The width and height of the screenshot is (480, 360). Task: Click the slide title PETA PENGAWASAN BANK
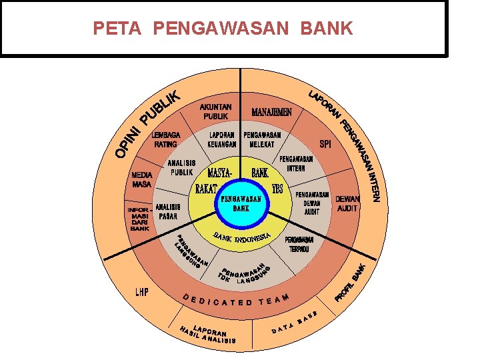coord(223,29)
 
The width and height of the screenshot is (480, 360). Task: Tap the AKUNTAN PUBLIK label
coord(215,111)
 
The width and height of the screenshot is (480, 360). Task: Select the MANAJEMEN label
coord(271,111)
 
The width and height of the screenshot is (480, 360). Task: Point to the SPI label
coord(325,143)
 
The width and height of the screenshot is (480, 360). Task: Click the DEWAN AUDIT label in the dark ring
coord(347,203)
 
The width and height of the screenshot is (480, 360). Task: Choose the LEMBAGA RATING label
coord(165,139)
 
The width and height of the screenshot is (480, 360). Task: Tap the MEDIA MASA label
coord(141,179)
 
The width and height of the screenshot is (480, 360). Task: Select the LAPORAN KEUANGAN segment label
coord(222,139)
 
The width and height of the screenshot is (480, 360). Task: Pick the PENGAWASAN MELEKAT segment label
coord(262,139)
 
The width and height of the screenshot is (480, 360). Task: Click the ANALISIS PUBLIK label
coord(181,167)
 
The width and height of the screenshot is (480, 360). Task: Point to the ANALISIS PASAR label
coord(168,211)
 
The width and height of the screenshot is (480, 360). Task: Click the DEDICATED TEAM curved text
coord(237,300)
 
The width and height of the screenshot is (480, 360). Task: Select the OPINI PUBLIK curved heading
coord(148,125)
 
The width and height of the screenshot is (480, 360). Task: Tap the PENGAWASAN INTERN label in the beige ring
coord(296,164)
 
